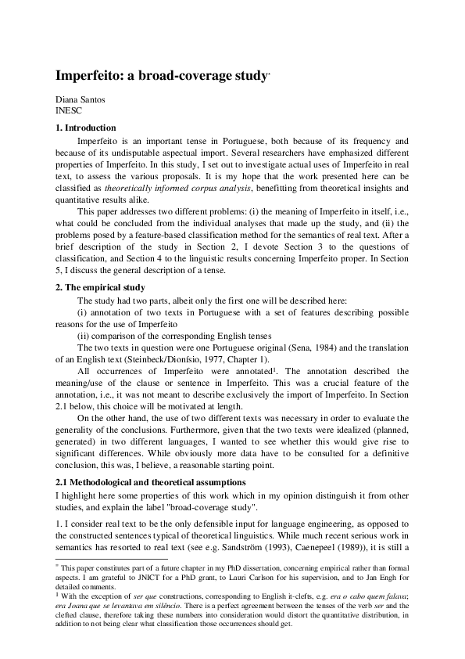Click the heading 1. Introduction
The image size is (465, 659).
[x=85, y=128]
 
